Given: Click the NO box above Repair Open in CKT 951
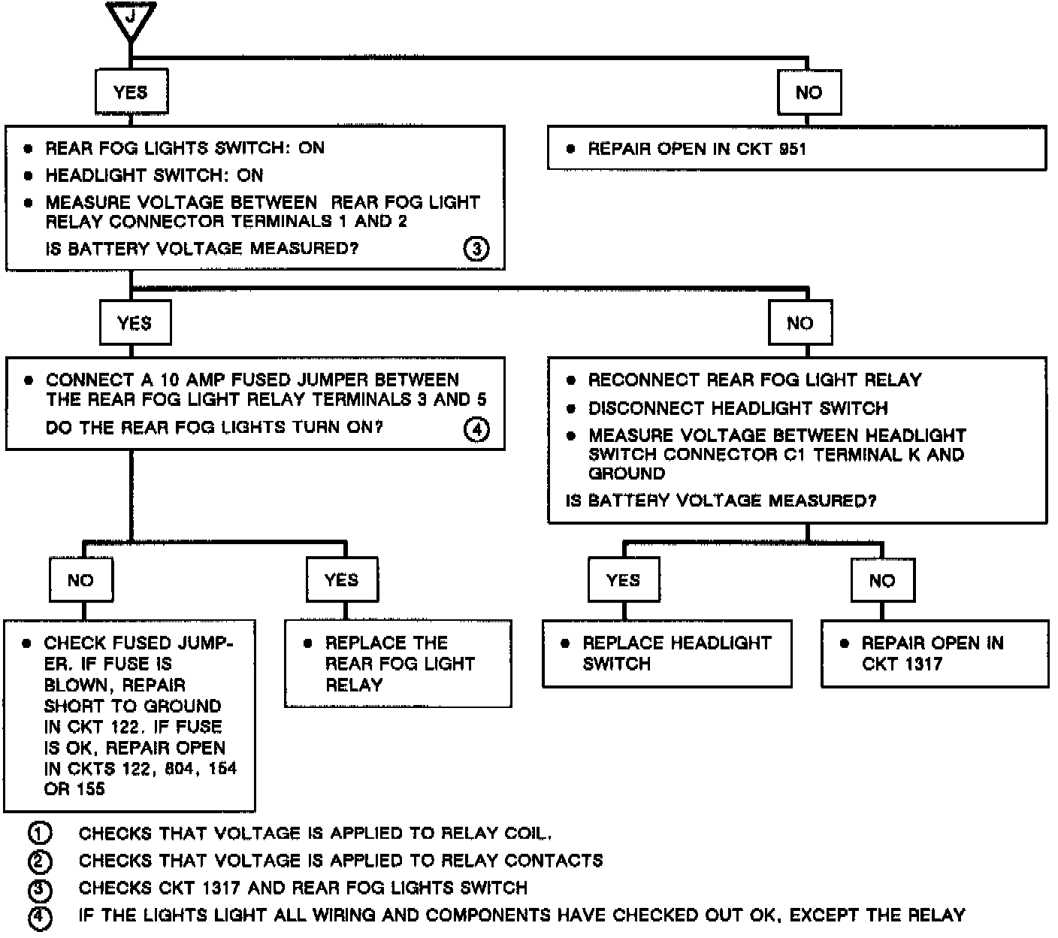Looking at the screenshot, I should [x=809, y=92].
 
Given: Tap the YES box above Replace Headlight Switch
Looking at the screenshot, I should [x=623, y=579].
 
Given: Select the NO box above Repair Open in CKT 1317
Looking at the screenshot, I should [x=882, y=580].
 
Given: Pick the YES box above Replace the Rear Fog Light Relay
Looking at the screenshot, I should [x=341, y=579].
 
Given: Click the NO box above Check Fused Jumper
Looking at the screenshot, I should [x=80, y=579].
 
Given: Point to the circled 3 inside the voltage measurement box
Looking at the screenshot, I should [x=476, y=248].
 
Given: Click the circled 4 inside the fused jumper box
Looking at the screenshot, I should [x=476, y=429].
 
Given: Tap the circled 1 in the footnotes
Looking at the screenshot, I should [x=39, y=834].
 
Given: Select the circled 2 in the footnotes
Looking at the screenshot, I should [x=39, y=861].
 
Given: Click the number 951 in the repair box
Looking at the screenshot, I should [x=792, y=149].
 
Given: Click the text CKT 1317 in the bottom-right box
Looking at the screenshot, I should [x=902, y=664].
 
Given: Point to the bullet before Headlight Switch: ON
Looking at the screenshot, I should [x=29, y=176].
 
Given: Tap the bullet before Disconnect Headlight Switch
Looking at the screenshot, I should [x=571, y=409].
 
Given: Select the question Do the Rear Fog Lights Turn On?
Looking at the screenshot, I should [x=214, y=428].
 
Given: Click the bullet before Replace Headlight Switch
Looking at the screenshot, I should [x=565, y=643].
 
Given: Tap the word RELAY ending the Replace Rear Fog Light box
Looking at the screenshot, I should [x=354, y=685].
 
